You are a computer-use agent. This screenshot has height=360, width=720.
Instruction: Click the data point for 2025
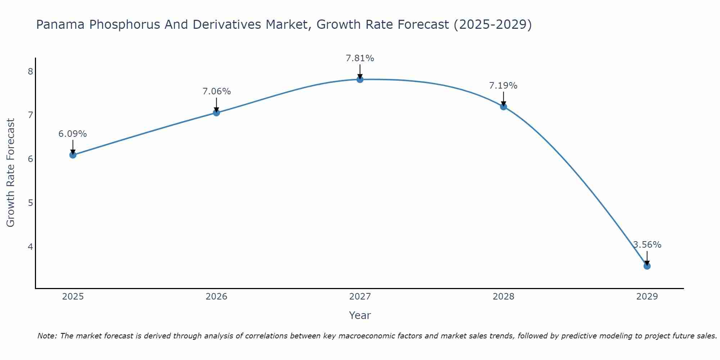pos(73,155)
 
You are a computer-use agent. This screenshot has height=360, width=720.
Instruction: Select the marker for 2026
pos(216,113)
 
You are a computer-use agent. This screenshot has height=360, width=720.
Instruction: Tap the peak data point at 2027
pos(360,80)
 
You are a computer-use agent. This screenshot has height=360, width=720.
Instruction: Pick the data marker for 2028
pos(504,107)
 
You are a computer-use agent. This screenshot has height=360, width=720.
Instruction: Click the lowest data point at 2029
pos(647,266)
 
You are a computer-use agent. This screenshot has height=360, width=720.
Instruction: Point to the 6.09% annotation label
pos(73,134)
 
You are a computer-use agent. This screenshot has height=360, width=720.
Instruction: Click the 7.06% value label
pos(216,91)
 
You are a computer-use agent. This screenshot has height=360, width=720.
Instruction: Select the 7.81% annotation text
pos(360,58)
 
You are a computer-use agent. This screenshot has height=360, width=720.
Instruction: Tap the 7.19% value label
pos(503,86)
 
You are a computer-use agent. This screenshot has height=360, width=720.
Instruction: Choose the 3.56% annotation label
pos(647,245)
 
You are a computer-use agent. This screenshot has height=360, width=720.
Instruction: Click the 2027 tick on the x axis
pos(360,297)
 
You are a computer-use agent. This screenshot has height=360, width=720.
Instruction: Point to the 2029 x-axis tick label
pos(647,297)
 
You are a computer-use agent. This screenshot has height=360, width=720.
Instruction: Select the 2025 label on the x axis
pos(73,297)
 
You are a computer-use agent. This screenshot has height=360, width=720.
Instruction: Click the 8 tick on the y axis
pos(30,71)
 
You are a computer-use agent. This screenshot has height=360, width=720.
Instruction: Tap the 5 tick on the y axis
pos(30,203)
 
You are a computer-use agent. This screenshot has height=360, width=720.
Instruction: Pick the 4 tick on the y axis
pos(30,247)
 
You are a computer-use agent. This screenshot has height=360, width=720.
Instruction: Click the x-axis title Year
pos(360,315)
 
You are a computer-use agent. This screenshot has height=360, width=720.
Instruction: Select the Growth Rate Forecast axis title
pos(11,173)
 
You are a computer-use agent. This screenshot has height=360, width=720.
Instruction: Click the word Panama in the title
pos(60,24)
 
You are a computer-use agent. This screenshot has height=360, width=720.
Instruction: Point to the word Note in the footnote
pos(46,336)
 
